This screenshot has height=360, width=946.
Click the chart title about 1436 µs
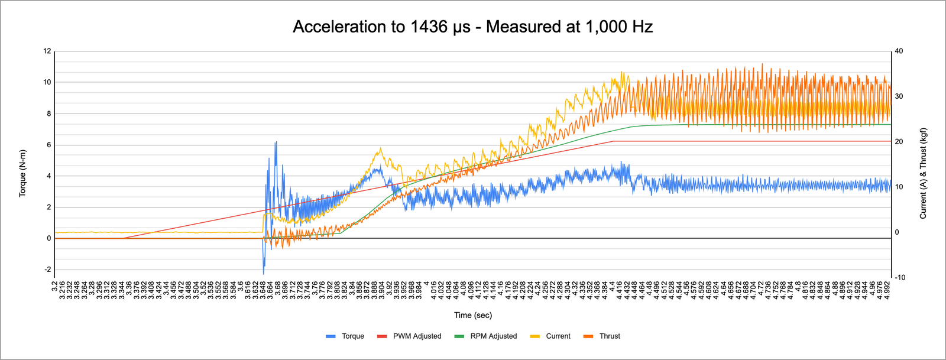coord(472,27)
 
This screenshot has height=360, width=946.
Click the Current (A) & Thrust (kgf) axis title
coord(923,173)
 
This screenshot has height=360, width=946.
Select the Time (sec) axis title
coord(472,315)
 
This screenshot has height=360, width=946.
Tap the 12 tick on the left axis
coord(47,51)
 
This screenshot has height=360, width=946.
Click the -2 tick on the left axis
coord(47,270)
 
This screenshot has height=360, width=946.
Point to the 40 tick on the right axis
coord(899,51)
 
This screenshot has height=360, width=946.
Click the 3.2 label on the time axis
coord(55,287)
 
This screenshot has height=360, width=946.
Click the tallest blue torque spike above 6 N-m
coord(276,142)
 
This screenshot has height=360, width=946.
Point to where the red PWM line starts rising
coord(123,238)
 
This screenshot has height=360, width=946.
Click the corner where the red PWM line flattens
coord(613,141)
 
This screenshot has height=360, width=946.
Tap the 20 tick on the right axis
coord(899,142)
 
